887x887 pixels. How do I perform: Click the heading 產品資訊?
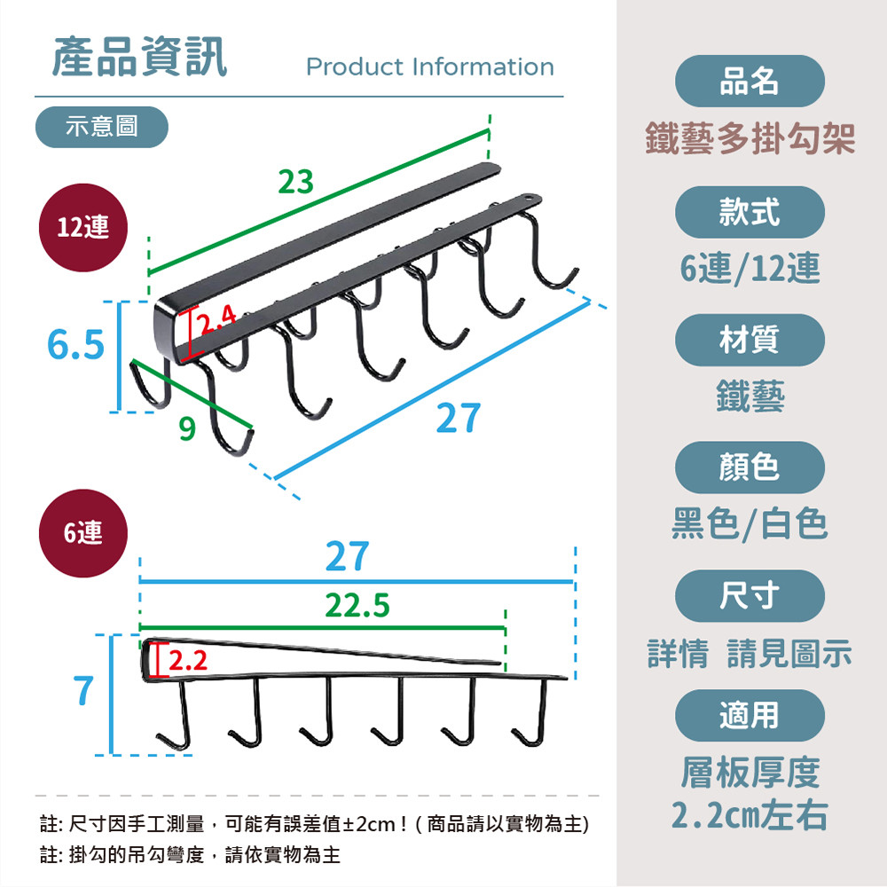point(139,57)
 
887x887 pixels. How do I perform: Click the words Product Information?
point(429,67)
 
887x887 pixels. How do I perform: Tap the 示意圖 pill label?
point(102,126)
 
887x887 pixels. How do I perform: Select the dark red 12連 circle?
point(83,227)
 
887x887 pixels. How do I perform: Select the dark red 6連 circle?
point(83,532)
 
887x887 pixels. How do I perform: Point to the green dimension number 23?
point(296,182)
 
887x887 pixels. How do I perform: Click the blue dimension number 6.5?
point(75,346)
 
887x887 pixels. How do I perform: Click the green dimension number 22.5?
point(357,606)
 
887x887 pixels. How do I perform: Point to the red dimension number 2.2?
point(187,661)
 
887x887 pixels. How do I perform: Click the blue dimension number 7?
point(82,689)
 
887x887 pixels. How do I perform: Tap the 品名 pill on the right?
point(750,82)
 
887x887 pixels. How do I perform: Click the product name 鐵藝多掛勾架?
point(750,139)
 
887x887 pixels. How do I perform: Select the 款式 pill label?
point(750,212)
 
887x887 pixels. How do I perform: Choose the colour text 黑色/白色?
point(750,523)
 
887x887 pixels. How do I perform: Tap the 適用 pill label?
point(750,715)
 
